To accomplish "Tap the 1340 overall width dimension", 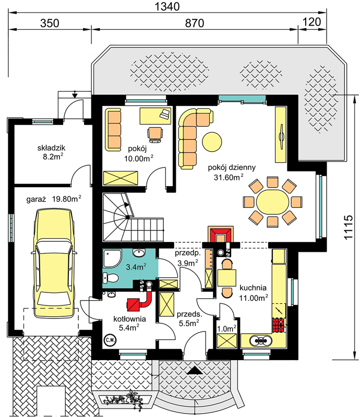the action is coord(167,6).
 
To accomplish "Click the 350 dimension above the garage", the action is coord(50,23).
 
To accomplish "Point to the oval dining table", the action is coord(272,202).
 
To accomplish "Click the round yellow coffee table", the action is coord(212,142).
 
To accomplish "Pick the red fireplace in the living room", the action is coord(221,234).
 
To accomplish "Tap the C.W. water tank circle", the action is coord(110,340).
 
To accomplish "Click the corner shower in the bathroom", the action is coord(112,258).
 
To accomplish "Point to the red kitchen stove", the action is coord(279,325).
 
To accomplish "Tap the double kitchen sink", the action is coord(260,340).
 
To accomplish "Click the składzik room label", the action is coord(51,148).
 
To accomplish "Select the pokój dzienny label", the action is coord(232,167).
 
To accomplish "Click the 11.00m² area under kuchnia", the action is coord(253,298).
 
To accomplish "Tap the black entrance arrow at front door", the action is coord(195,370).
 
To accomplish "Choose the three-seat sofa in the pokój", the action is coord(113,130).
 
